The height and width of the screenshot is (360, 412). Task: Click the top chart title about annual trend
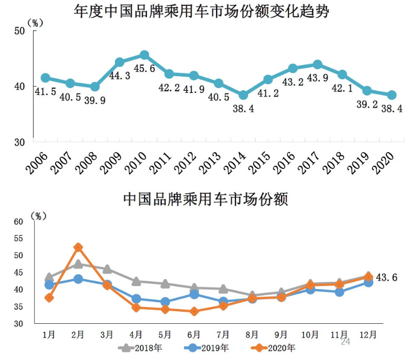point(205,12)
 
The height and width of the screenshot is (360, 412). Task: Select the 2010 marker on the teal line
point(144,55)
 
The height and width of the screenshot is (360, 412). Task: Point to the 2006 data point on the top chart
point(46,78)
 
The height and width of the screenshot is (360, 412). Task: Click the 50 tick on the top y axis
point(20,31)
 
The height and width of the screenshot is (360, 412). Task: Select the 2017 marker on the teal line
point(317,65)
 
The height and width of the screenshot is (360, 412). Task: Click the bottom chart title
point(205,200)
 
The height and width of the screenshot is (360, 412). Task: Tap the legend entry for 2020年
point(272,347)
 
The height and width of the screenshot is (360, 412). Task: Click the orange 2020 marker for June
point(194,311)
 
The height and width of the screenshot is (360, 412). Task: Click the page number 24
point(345,342)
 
